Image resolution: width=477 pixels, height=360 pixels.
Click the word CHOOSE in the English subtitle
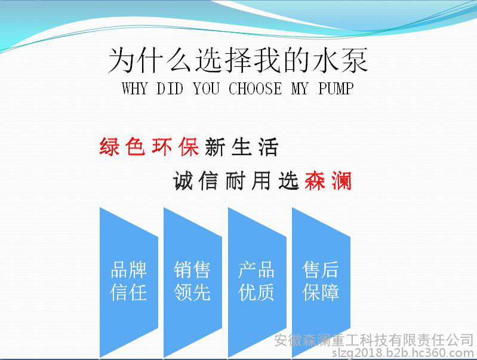(256, 88)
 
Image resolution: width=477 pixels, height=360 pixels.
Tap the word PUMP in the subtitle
(336, 88)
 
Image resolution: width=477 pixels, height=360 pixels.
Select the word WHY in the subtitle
(134, 88)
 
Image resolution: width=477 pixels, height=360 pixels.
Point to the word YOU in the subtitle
(206, 88)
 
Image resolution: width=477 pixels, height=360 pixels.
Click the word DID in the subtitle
(170, 88)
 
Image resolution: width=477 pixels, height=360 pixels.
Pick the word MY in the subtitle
(300, 88)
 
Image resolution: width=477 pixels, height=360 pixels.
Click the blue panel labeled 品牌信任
(129, 283)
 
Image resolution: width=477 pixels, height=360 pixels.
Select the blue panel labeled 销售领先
(193, 283)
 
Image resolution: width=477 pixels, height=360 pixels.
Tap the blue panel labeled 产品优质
(257, 283)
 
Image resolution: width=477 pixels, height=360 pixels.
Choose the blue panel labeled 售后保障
(321, 283)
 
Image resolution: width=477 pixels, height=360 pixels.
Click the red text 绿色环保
(149, 147)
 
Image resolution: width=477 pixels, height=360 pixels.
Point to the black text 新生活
(241, 147)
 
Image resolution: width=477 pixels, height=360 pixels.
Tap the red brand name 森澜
(328, 180)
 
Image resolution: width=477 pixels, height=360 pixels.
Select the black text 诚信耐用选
(236, 180)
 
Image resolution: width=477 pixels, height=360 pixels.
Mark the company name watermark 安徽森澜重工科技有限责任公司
(374, 340)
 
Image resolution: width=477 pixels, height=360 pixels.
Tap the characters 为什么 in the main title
(150, 60)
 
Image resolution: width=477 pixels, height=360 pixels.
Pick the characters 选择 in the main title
(223, 60)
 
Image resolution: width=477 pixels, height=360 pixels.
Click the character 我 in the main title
(267, 60)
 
